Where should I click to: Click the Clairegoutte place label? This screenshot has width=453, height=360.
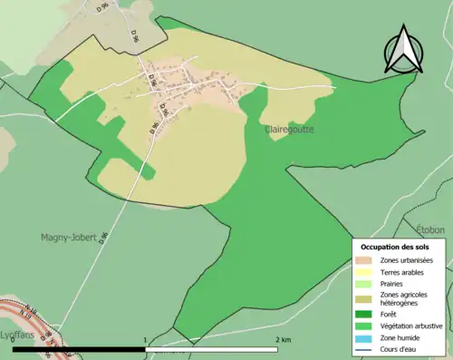click(x=291, y=130)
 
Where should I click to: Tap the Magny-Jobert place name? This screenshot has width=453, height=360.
click(x=69, y=238)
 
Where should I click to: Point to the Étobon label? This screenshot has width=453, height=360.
click(x=432, y=230)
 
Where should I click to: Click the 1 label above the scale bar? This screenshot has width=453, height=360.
click(x=146, y=339)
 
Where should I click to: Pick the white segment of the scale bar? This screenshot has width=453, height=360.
click(x=213, y=348)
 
